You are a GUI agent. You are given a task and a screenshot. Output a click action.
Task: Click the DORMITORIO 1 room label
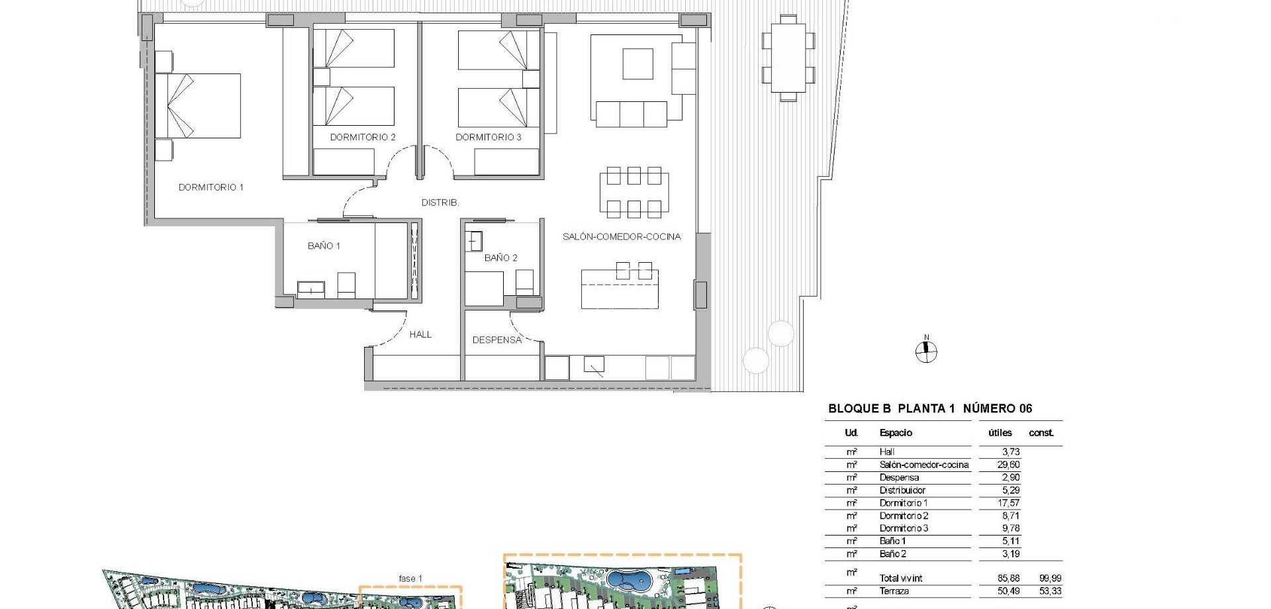pyautogui.click(x=211, y=187)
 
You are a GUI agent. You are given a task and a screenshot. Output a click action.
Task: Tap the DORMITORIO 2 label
pyautogui.click(x=363, y=137)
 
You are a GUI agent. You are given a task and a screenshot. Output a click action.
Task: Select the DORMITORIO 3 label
pyautogui.click(x=489, y=137)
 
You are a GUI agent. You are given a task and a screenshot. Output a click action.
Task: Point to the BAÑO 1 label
pyautogui.click(x=324, y=246)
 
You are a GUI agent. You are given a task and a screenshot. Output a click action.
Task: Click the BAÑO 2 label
pyautogui.click(x=500, y=258)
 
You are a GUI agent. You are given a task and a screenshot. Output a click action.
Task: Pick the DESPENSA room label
pyautogui.click(x=497, y=340)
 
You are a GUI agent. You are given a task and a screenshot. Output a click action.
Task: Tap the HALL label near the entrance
pyautogui.click(x=420, y=334)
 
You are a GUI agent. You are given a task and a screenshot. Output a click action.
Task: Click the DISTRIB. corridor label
pyautogui.click(x=440, y=203)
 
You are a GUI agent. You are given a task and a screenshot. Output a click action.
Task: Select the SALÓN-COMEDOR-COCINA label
pyautogui.click(x=622, y=236)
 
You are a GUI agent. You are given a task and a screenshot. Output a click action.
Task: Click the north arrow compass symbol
pyautogui.click(x=926, y=351)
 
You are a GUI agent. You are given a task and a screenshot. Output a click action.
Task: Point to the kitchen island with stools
pyautogui.click(x=620, y=289)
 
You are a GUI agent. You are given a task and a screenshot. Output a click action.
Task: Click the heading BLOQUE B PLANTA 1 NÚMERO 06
pyautogui.click(x=930, y=408)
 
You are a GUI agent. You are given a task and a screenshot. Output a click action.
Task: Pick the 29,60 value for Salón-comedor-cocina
pyautogui.click(x=1008, y=465)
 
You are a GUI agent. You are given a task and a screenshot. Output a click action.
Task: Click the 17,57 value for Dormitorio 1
pyautogui.click(x=1008, y=503)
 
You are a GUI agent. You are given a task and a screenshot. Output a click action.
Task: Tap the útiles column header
pyautogui.click(x=1000, y=433)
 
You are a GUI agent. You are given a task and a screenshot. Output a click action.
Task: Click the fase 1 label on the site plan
pyautogui.click(x=410, y=579)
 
